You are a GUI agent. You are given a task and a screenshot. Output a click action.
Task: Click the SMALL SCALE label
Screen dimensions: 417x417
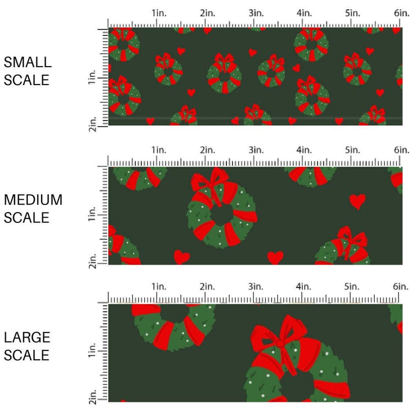coord(27,71)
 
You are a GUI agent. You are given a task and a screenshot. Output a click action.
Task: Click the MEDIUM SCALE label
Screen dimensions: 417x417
coord(33,209)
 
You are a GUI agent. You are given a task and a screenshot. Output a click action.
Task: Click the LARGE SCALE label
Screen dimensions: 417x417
coord(27,346)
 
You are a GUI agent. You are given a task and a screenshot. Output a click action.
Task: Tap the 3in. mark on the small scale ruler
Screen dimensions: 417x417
coord(255,13)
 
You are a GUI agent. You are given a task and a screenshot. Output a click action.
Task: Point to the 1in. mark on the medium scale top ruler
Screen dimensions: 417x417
coord(158,150)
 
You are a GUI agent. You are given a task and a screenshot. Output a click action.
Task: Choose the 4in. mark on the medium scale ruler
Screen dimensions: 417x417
coord(304,150)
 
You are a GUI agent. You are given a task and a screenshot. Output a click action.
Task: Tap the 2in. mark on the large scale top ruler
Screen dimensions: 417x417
coord(207,287)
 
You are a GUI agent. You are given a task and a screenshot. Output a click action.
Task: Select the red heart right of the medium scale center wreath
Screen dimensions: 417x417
coord(357,201)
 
